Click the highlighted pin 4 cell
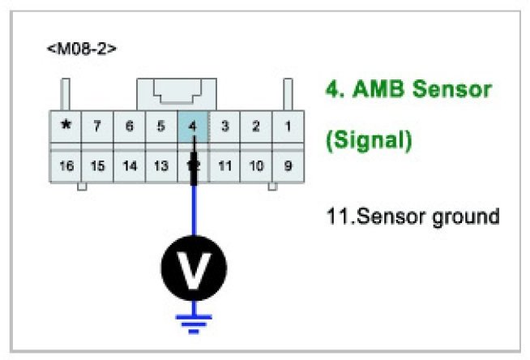click(x=193, y=127)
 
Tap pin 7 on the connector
click(x=97, y=127)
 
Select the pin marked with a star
click(x=66, y=127)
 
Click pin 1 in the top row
click(x=287, y=127)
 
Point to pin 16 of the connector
click(x=66, y=166)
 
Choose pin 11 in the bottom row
click(x=225, y=166)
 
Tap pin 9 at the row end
click(x=287, y=166)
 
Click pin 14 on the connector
click(x=129, y=166)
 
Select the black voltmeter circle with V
click(x=193, y=268)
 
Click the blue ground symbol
click(x=193, y=323)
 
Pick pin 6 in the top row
click(x=129, y=127)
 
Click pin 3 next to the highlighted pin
click(x=225, y=127)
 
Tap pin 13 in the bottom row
click(x=160, y=166)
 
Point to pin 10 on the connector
click(x=256, y=166)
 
